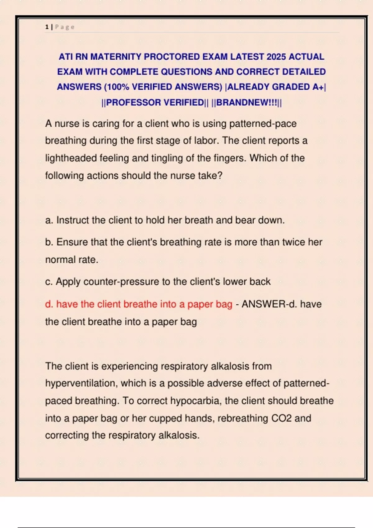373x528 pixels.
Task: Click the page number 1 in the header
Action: (47, 27)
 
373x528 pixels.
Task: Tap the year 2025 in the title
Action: (276, 57)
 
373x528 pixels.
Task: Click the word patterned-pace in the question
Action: (263, 124)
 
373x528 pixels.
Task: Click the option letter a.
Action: (48, 220)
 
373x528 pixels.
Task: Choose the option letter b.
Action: (48, 242)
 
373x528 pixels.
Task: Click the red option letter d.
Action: (48, 304)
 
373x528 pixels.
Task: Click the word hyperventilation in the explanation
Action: (81, 383)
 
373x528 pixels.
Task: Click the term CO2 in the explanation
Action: (281, 418)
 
